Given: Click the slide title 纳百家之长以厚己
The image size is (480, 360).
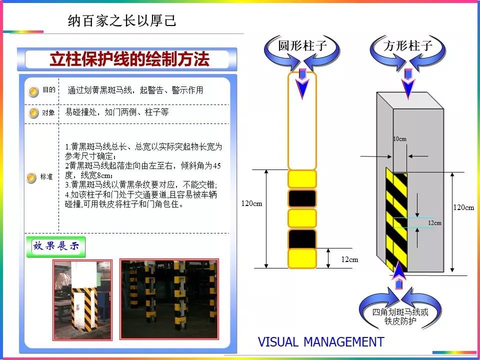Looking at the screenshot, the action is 122,21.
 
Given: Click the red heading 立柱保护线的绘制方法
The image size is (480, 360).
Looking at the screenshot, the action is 129,59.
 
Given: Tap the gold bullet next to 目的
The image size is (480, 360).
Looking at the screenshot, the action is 33,91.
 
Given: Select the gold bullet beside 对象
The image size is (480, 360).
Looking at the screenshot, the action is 33,113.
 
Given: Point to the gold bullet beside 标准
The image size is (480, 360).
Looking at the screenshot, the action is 31,178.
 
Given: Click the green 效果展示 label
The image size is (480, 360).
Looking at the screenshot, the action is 56,246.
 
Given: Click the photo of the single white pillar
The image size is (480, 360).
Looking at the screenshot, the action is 82,299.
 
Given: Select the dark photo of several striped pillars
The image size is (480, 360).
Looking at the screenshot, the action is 169,299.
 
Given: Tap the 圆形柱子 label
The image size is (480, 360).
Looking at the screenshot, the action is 302,46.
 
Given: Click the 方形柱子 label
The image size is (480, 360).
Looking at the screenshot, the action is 408,46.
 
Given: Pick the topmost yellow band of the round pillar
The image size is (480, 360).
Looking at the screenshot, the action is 302,179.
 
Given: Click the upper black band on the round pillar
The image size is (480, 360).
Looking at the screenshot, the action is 302,198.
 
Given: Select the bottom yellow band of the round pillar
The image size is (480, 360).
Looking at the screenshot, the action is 302,258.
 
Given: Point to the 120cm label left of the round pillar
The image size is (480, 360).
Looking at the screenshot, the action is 251,203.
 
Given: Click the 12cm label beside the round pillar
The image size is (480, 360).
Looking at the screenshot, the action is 349,259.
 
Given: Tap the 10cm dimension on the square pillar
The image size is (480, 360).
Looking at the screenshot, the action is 400,139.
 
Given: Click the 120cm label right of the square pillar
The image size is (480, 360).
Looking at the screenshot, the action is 463,207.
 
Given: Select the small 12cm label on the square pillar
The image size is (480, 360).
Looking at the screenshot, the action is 434,223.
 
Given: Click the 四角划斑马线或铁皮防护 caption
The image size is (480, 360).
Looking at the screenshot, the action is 400,316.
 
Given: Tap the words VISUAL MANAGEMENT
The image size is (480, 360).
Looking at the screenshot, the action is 321,342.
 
